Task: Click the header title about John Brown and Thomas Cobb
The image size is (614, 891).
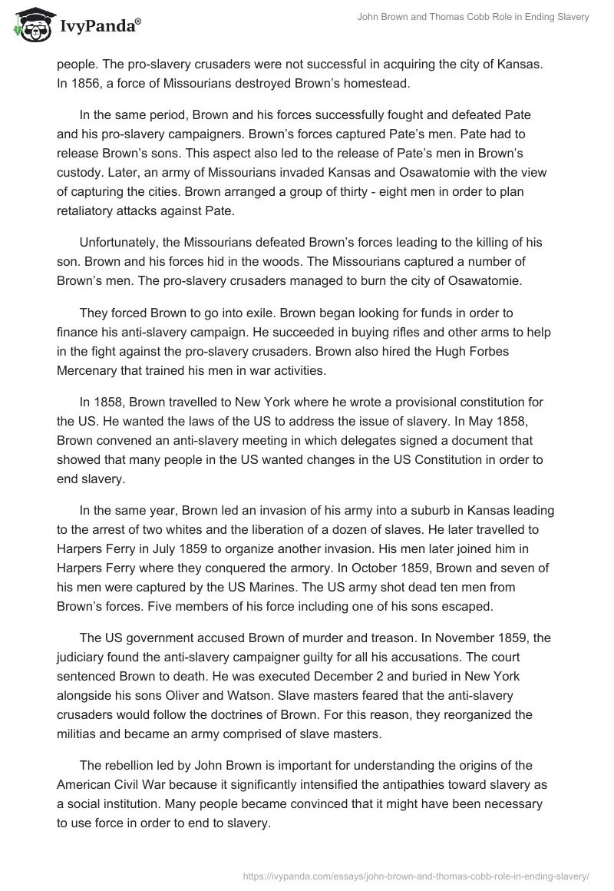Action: [474, 17]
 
